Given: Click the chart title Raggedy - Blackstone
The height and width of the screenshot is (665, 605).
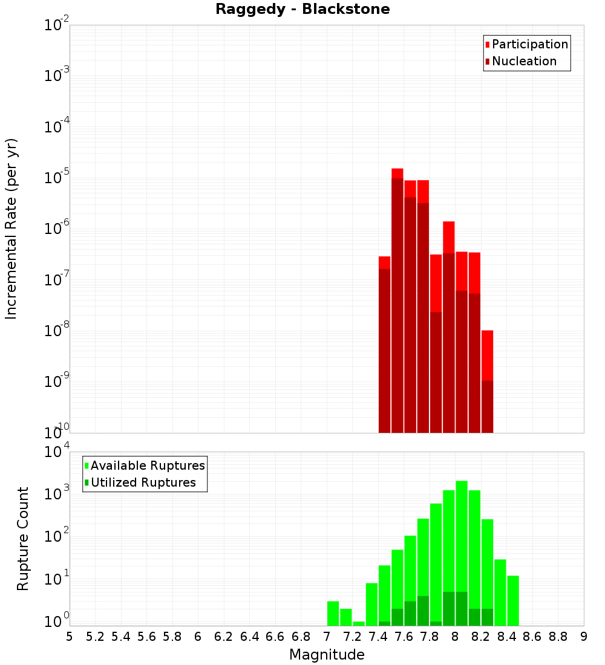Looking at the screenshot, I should [302, 9].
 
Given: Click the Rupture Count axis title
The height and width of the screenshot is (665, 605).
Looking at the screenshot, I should [23, 539].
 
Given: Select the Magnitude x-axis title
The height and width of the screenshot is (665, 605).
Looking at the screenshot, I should [327, 655].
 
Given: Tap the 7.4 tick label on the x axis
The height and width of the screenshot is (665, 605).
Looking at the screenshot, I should [378, 637].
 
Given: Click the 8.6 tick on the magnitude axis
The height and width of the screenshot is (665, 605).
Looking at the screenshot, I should [532, 637].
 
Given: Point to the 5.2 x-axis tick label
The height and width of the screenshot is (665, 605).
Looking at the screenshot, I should [95, 637].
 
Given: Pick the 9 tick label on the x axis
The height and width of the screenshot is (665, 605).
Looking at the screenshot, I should [584, 637].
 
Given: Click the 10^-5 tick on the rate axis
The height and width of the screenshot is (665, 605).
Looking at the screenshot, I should [57, 178].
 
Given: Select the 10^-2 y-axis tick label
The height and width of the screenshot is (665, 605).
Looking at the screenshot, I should [57, 25].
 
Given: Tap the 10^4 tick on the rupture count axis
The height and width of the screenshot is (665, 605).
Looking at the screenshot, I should [57, 452].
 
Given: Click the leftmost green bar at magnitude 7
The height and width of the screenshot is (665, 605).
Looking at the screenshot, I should [333, 613].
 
